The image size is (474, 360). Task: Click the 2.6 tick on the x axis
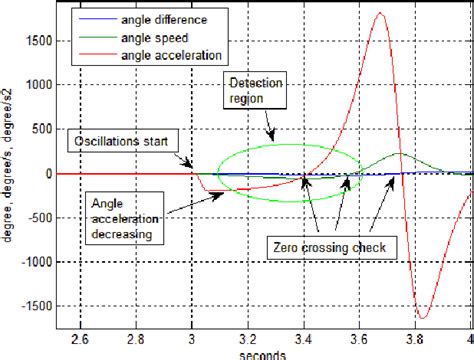tap(82, 338)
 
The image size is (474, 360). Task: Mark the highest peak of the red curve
tap(378, 14)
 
